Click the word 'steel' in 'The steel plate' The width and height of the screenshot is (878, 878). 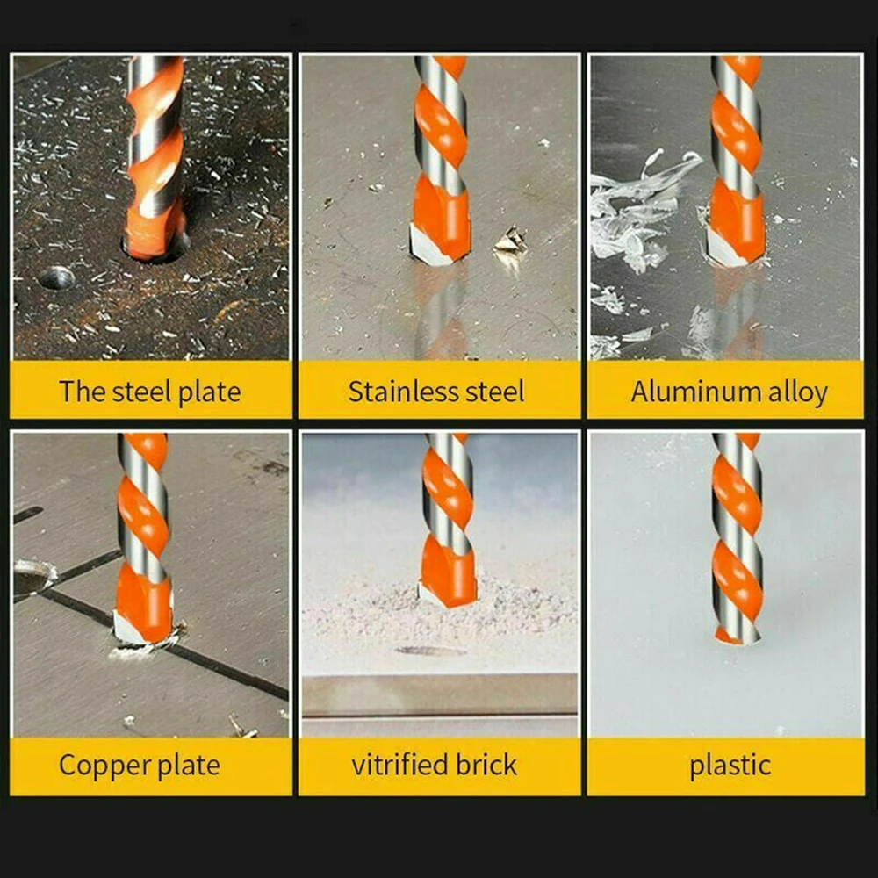click(141, 392)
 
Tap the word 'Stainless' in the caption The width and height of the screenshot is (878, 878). click(392, 392)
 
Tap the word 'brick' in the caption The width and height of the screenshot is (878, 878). click(485, 765)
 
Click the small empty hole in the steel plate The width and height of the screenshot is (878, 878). click(56, 278)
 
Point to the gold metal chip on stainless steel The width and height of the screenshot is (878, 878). click(509, 241)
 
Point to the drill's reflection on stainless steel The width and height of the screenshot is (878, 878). click(439, 307)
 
